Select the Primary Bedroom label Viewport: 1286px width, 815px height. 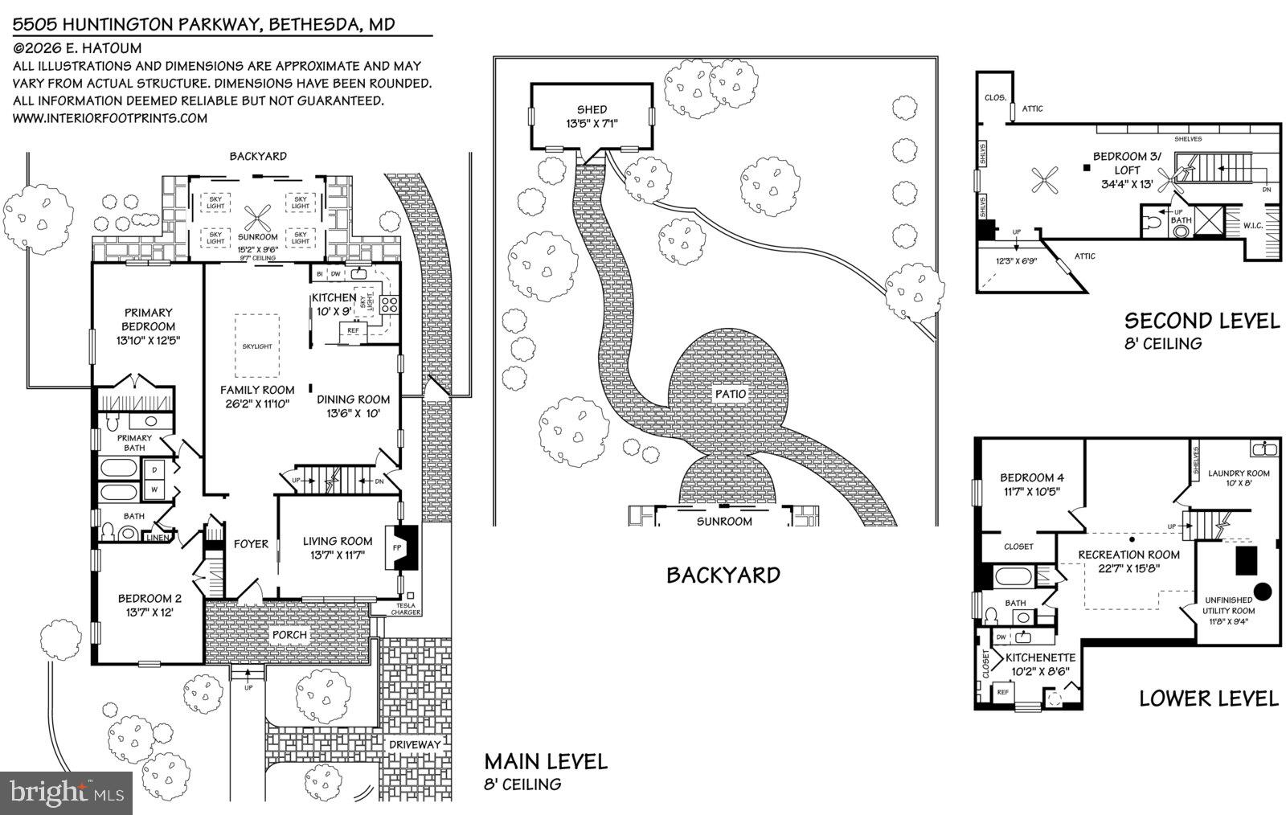[x=148, y=320]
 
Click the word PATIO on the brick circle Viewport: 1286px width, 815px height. [x=731, y=395]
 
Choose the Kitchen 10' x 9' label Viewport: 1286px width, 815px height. [x=333, y=304]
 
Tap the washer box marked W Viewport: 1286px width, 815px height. [x=154, y=489]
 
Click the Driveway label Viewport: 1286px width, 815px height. [x=415, y=745]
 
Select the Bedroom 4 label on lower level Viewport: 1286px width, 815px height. [x=1031, y=484]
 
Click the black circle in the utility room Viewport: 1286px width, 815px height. [x=1263, y=592]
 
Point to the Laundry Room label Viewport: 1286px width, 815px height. [x=1239, y=478]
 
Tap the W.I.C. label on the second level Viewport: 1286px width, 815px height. [x=1252, y=225]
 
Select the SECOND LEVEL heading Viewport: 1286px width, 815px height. [x=1202, y=321]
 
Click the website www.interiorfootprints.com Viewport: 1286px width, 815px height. [x=110, y=118]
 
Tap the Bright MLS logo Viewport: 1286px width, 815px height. [x=67, y=793]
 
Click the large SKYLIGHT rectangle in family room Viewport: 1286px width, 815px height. [x=257, y=346]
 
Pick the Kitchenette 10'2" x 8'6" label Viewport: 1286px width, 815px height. [x=1040, y=664]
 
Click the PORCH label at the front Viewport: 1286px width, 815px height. [x=289, y=635]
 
